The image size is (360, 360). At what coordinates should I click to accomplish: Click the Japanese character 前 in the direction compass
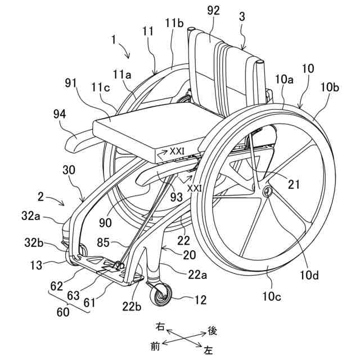click(155, 346)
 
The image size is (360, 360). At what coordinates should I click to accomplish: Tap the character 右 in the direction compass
click(161, 326)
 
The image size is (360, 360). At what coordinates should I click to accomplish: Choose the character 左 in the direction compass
click(208, 350)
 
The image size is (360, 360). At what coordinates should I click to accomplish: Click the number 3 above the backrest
click(242, 17)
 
